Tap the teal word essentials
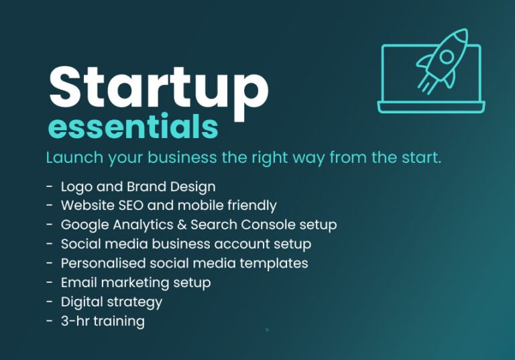(x=133, y=127)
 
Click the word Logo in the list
(x=76, y=186)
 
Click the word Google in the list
(x=82, y=225)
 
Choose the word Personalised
(x=101, y=263)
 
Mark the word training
(x=119, y=321)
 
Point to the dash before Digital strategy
(x=50, y=302)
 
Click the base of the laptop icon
(x=431, y=107)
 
